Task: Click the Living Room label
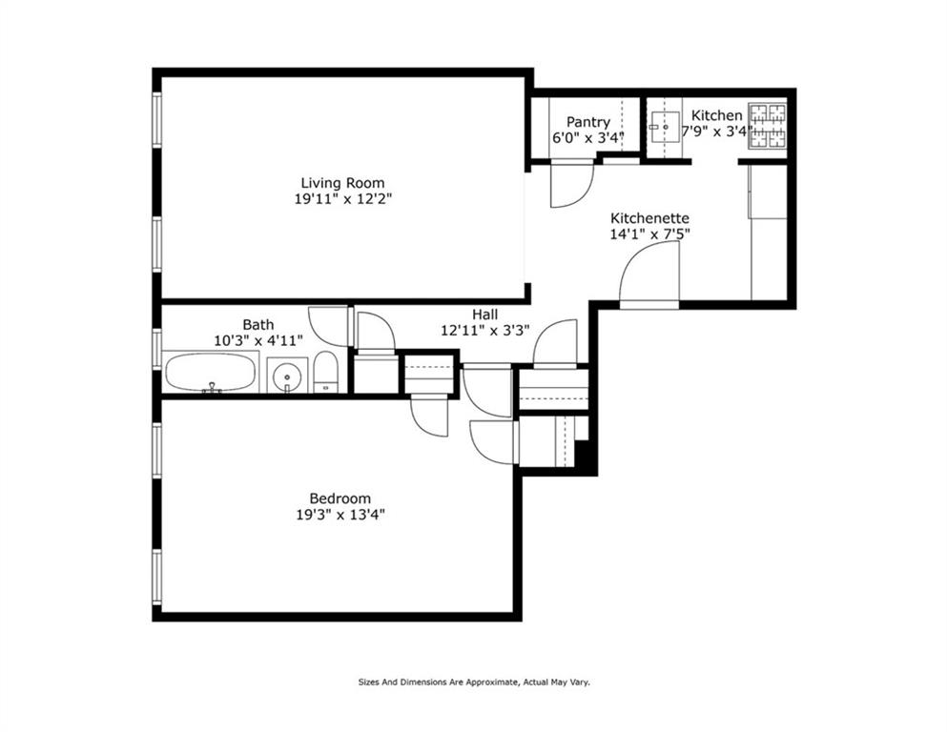342,183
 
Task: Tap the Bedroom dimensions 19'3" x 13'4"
340,515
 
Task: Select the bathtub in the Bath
209,372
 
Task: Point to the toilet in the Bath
326,373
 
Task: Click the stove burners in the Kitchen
768,127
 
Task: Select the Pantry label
588,123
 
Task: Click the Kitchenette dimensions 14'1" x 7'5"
649,234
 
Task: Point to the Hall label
485,315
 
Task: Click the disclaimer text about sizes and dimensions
474,682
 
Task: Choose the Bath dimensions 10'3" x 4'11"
258,340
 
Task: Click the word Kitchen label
717,115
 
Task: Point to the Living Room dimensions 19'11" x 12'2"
343,199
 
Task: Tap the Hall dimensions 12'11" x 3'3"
485,331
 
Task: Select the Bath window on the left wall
157,349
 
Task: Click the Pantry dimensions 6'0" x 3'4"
588,137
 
